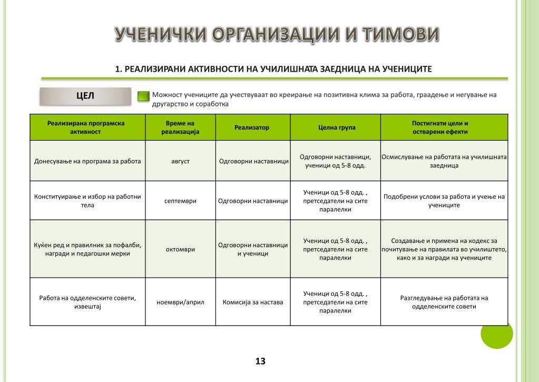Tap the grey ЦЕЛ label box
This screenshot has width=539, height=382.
pyautogui.click(x=85, y=96)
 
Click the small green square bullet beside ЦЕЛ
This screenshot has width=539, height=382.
pyautogui.click(x=143, y=96)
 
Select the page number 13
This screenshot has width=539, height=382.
pyautogui.click(x=260, y=361)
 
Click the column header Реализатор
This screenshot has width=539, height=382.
pyautogui.click(x=252, y=128)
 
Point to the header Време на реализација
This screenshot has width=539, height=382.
pyautogui.click(x=180, y=128)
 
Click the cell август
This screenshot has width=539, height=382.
pyautogui.click(x=180, y=161)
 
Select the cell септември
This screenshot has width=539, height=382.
pyautogui.click(x=180, y=201)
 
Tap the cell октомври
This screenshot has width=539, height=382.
pyautogui.click(x=180, y=249)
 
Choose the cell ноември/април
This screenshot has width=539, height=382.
pyautogui.click(x=180, y=302)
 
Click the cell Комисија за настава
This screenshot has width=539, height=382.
pyautogui.click(x=253, y=302)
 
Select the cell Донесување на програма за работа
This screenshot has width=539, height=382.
pyautogui.click(x=87, y=161)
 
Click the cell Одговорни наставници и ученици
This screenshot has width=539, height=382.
pyautogui.click(x=253, y=249)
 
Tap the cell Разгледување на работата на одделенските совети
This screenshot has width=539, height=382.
pyautogui.click(x=444, y=302)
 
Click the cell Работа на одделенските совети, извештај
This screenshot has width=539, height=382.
pyautogui.click(x=87, y=302)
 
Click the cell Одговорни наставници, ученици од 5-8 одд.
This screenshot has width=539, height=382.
pyautogui.click(x=335, y=161)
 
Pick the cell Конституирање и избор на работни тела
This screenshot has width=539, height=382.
pyautogui.click(x=87, y=201)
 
